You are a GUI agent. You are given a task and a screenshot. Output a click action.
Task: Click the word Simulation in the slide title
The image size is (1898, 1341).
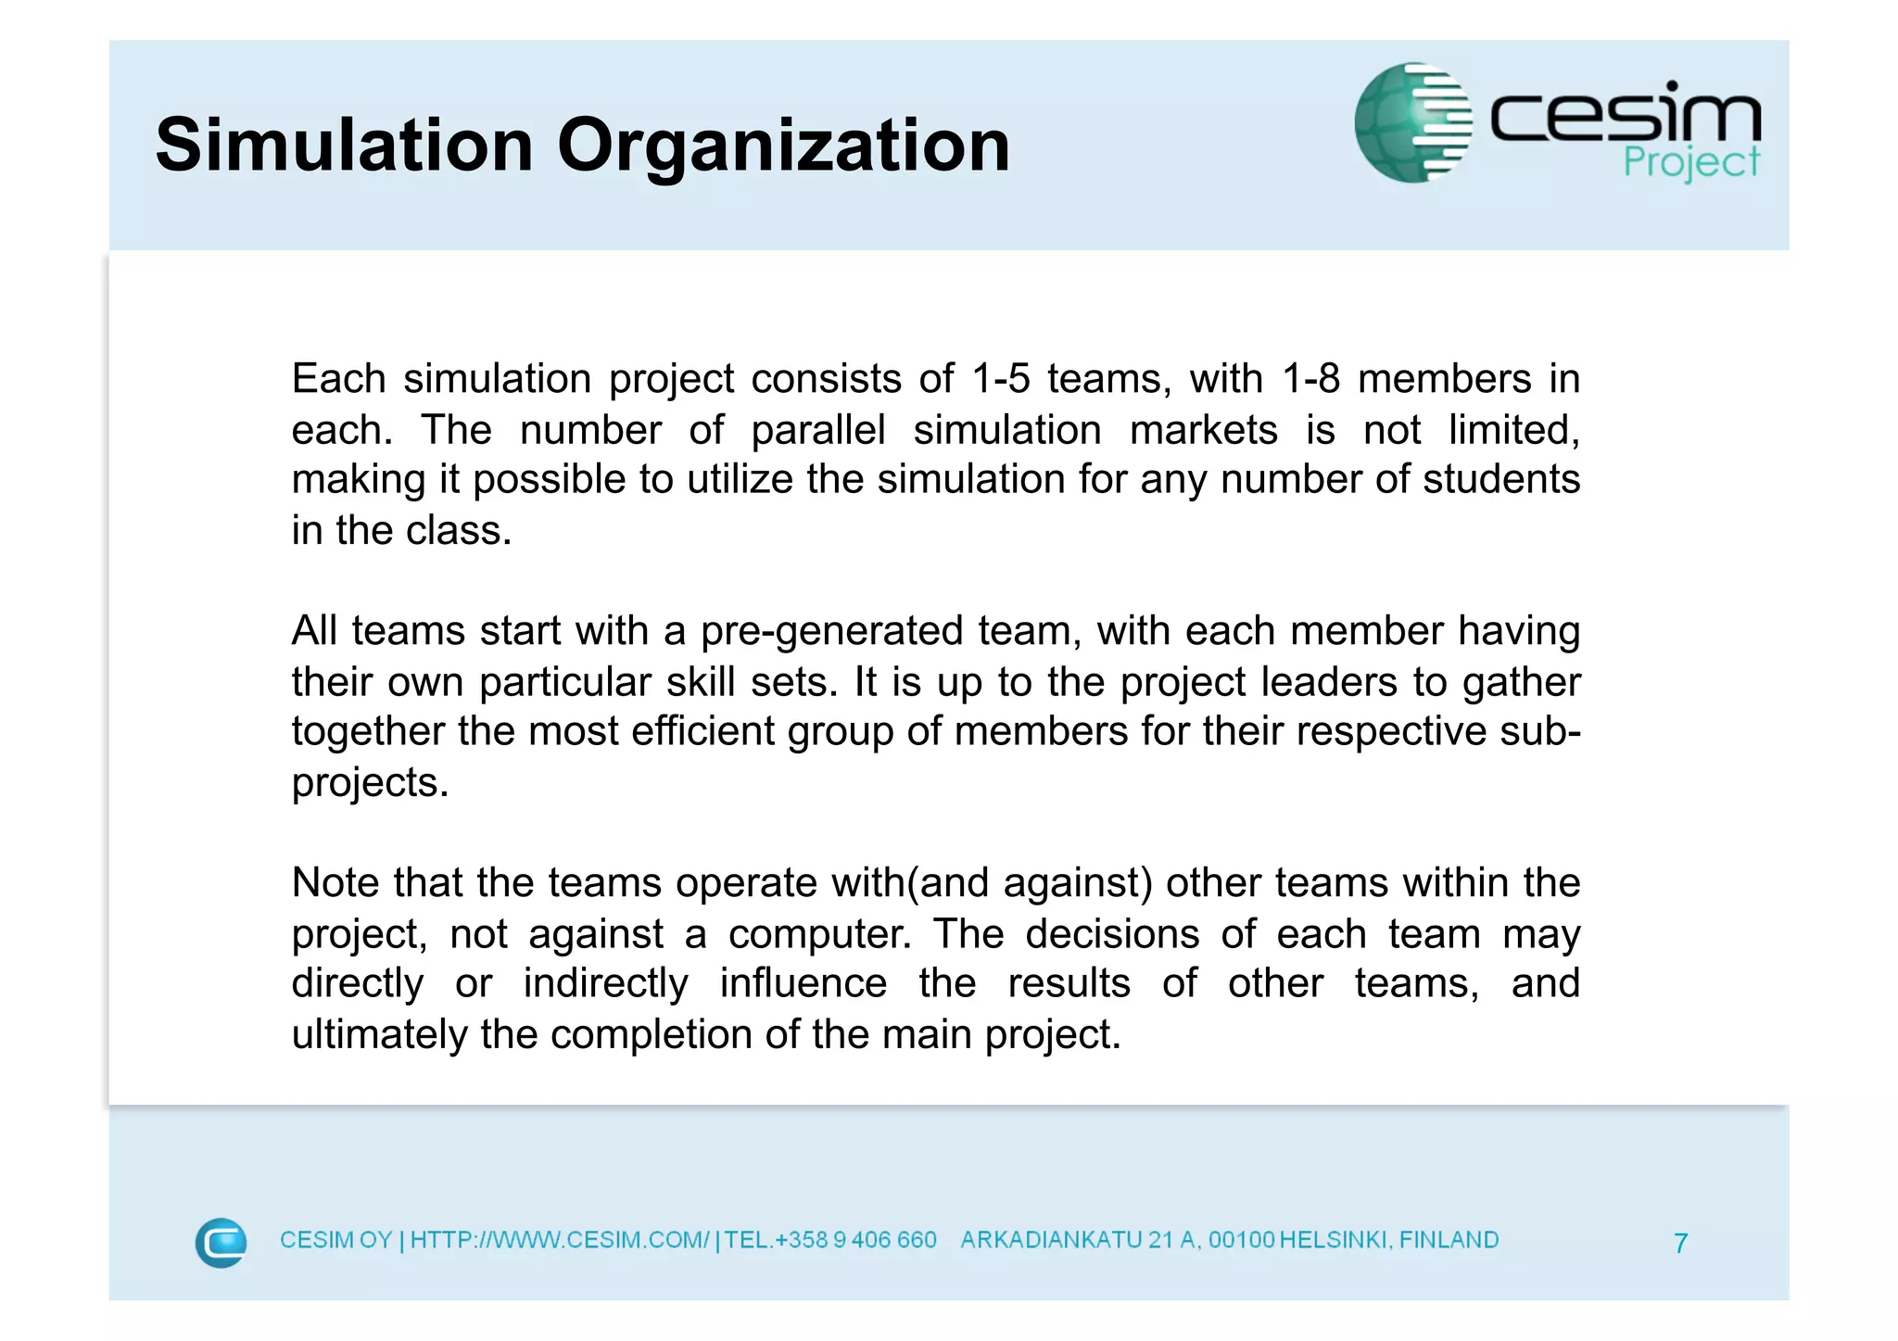pos(344,145)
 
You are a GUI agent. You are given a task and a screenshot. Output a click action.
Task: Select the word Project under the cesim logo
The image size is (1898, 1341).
pos(1690,163)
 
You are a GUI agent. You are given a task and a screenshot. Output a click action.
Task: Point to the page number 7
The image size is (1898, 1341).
pos(1680,1243)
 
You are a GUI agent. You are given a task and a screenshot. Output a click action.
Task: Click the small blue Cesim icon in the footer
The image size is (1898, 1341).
pos(221,1242)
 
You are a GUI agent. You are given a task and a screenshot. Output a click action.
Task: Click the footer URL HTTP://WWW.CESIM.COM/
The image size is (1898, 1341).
pos(560,1240)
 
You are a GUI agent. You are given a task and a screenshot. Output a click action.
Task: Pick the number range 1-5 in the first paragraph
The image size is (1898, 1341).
pos(1000,379)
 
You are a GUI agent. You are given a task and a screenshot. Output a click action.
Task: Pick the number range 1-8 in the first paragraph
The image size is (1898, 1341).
pos(1310,379)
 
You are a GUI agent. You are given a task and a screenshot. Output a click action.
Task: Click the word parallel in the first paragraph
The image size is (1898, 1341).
pos(818,430)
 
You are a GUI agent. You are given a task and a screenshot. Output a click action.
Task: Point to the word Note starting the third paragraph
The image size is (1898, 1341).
pos(335,883)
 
